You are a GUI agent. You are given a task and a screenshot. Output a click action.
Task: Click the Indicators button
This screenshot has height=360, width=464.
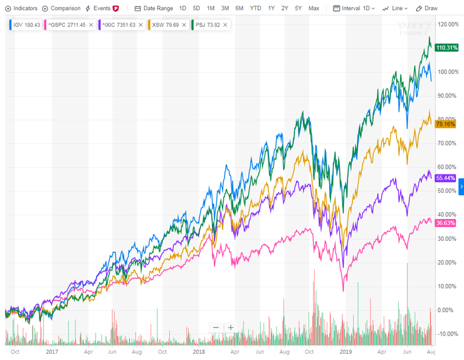coord(21,8)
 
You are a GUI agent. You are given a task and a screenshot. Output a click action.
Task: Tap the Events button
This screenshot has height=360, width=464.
coord(101,8)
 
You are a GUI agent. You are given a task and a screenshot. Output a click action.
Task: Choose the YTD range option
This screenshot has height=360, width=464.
coord(255,8)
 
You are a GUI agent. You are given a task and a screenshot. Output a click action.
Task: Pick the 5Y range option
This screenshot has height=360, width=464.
coord(299,8)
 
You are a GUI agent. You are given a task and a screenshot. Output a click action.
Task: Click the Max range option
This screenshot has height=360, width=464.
coord(314,8)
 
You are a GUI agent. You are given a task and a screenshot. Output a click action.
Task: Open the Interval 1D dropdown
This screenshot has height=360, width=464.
coord(354,8)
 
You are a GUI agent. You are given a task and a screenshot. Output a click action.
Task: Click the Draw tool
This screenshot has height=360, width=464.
coord(428,8)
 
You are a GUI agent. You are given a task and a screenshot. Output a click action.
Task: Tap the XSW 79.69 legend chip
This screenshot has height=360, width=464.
coord(167,24)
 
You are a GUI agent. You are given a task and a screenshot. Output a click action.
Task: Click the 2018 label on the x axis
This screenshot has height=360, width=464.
coord(199,352)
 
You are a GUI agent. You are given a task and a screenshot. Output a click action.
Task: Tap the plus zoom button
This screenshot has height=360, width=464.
coord(230,327)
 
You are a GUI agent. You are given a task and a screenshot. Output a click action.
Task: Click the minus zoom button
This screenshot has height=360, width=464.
coord(216,327)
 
